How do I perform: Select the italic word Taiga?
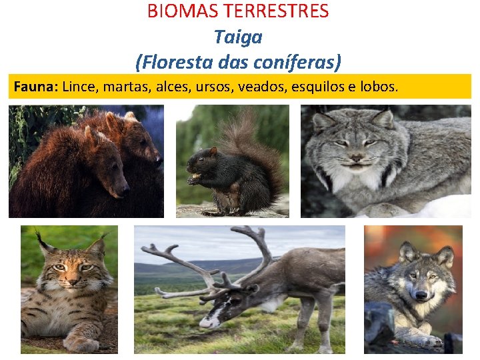tap(238, 37)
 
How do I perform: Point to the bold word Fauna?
tap(35, 87)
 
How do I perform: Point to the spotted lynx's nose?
tap(69, 278)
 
